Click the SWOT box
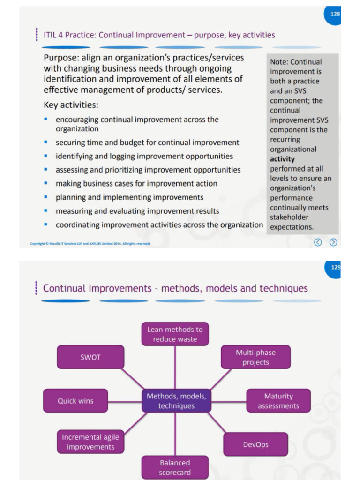[x=90, y=357]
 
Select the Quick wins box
[x=75, y=401]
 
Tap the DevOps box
[x=255, y=444]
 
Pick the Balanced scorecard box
[x=175, y=467]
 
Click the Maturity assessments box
[x=278, y=401]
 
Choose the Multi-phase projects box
[x=255, y=357]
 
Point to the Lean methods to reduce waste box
[x=175, y=334]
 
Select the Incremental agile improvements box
[x=90, y=442]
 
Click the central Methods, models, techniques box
[x=176, y=401]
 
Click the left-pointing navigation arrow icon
[x=318, y=242]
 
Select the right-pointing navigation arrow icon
[x=333, y=242]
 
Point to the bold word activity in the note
[x=282, y=159]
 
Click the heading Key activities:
[x=71, y=105]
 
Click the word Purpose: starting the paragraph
[x=60, y=58]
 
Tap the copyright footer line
[x=90, y=243]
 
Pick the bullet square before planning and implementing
[x=46, y=196]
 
